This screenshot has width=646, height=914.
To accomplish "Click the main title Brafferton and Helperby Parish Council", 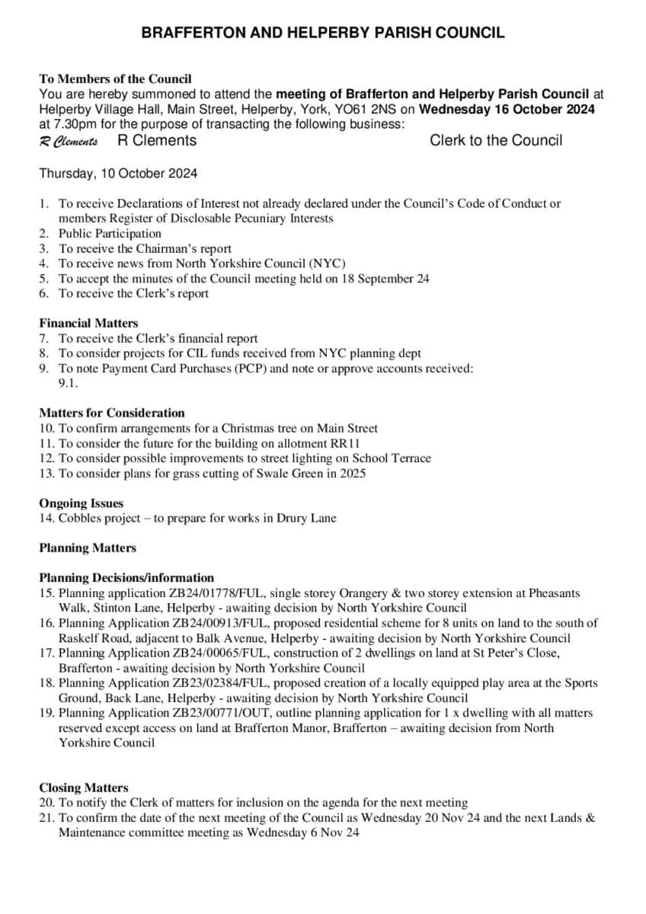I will [x=323, y=33].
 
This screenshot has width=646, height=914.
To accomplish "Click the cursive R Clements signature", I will [x=68, y=142].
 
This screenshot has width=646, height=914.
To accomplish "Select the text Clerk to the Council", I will [x=496, y=140].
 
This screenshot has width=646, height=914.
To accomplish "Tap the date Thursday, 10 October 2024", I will [x=118, y=174].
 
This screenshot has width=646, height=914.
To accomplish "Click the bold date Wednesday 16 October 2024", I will [x=507, y=109].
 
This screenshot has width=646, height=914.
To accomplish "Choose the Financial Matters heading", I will [x=88, y=324].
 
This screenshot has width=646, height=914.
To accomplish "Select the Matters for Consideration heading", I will [x=112, y=414].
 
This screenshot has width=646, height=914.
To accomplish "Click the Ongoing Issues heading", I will [x=81, y=503].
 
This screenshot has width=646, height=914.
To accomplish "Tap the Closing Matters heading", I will [x=84, y=788].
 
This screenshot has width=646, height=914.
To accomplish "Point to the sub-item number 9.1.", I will [x=69, y=384].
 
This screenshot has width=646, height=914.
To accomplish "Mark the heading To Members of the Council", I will [x=115, y=78].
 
